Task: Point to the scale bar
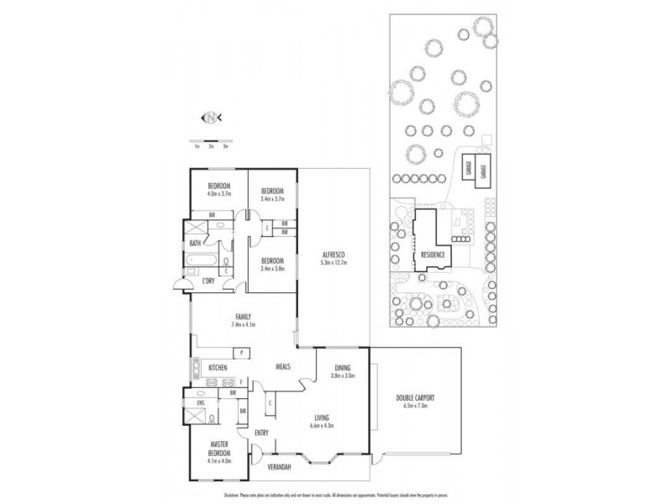(211, 140)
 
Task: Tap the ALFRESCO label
(334, 255)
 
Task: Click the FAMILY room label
(244, 316)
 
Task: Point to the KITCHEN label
(218, 367)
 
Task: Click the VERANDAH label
(278, 465)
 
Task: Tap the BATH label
(195, 244)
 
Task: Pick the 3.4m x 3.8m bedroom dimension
(273, 268)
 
